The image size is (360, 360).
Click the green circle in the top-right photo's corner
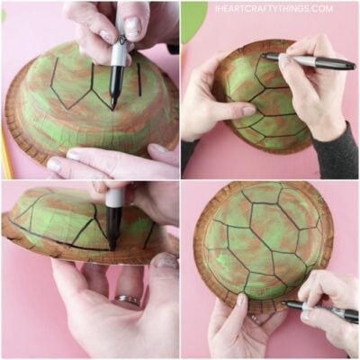click(193, 20)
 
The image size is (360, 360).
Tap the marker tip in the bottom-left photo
click(112, 241)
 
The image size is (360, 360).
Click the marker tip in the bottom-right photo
click(287, 304)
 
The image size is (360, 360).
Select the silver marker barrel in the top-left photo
click(118, 49)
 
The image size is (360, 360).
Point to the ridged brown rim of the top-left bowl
click(22, 126)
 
